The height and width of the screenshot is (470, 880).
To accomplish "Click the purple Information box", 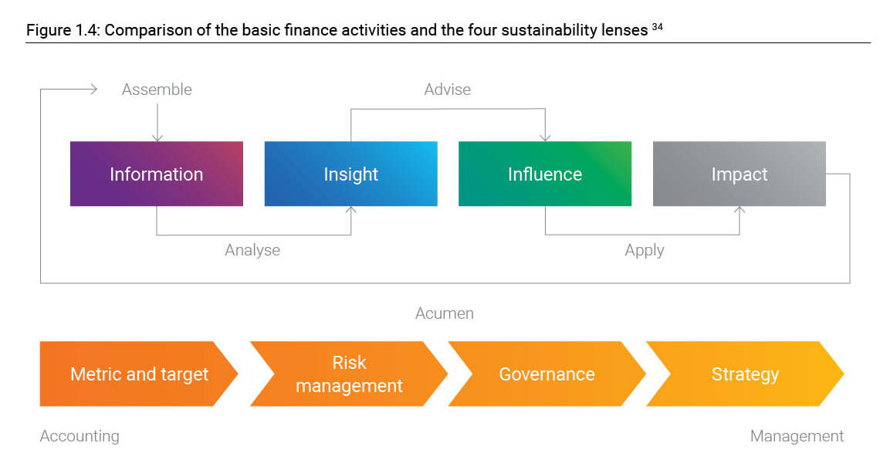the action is [157, 174].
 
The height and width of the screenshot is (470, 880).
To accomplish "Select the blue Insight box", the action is [350, 174].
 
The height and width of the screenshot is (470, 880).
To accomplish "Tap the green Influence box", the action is [545, 174].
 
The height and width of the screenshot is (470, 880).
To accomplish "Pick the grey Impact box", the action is [740, 174].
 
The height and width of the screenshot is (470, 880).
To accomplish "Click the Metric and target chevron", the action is [139, 374].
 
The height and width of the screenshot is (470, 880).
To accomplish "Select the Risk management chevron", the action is [348, 374].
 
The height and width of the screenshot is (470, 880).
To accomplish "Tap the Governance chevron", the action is [547, 374].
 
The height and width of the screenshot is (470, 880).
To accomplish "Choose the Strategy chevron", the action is [745, 374].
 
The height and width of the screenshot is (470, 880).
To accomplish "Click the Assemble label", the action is [157, 90].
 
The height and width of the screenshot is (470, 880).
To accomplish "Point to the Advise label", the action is [447, 90].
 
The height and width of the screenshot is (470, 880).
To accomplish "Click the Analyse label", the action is [252, 250].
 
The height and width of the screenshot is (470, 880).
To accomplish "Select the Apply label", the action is [645, 250].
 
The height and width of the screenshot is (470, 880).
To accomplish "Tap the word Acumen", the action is [445, 313].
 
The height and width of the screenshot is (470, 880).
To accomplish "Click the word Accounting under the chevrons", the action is [80, 436].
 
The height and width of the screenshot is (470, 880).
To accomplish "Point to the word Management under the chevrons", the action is [797, 436].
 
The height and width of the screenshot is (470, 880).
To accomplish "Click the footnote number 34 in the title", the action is [657, 26].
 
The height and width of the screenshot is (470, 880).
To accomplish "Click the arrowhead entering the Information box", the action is [157, 137].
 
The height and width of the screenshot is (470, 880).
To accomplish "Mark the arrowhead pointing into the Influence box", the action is [545, 137].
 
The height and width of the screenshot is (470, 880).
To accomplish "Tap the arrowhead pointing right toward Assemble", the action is [94, 89].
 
